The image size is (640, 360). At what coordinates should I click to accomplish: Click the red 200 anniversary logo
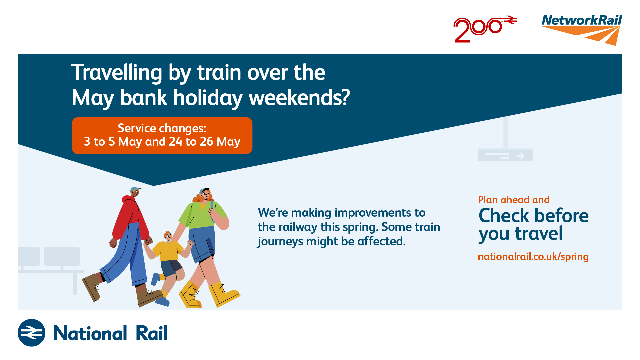[485, 29]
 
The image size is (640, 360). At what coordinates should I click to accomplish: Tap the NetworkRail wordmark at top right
[582, 20]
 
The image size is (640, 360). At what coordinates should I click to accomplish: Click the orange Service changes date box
[162, 135]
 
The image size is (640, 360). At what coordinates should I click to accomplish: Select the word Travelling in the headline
[117, 73]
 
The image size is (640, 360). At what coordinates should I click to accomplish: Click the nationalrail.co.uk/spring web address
[533, 257]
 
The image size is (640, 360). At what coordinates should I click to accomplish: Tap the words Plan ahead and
[514, 200]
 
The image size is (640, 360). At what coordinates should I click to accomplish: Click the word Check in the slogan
[504, 215]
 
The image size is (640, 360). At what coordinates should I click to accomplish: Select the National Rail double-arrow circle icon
[31, 333]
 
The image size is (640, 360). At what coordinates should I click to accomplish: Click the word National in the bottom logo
[90, 333]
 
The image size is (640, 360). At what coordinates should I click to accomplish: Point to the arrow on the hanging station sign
[520, 156]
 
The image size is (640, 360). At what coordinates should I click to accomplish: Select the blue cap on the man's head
[135, 190]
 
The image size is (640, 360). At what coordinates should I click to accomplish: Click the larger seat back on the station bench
[62, 256]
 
